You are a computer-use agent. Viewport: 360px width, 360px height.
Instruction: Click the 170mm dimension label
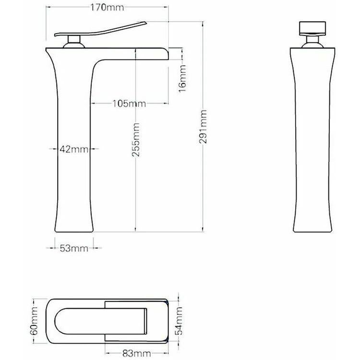tap(107, 7)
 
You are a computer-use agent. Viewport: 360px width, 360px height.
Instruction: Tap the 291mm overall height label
tap(203, 127)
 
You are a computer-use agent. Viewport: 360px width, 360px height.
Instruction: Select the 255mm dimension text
tap(136, 140)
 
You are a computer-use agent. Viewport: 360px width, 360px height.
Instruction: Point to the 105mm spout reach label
tap(129, 104)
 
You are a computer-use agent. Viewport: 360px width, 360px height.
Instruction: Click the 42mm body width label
tap(74, 149)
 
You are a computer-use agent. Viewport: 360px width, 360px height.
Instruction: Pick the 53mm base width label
tap(74, 248)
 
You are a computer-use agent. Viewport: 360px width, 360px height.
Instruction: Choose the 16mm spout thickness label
tap(182, 79)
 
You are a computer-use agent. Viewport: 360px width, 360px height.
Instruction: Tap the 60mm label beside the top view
tap(34, 321)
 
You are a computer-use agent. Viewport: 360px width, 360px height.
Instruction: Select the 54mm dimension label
tap(180, 321)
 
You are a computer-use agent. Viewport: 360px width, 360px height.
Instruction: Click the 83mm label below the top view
tap(137, 353)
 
